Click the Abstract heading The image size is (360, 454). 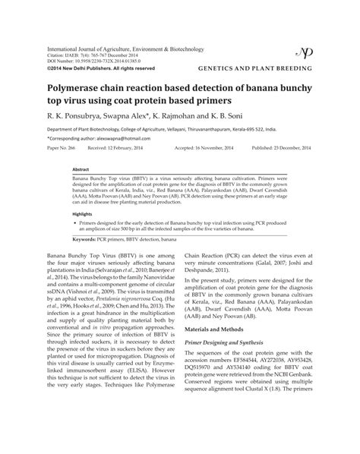click(x=81, y=169)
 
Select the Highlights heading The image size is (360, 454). click(x=82, y=215)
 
